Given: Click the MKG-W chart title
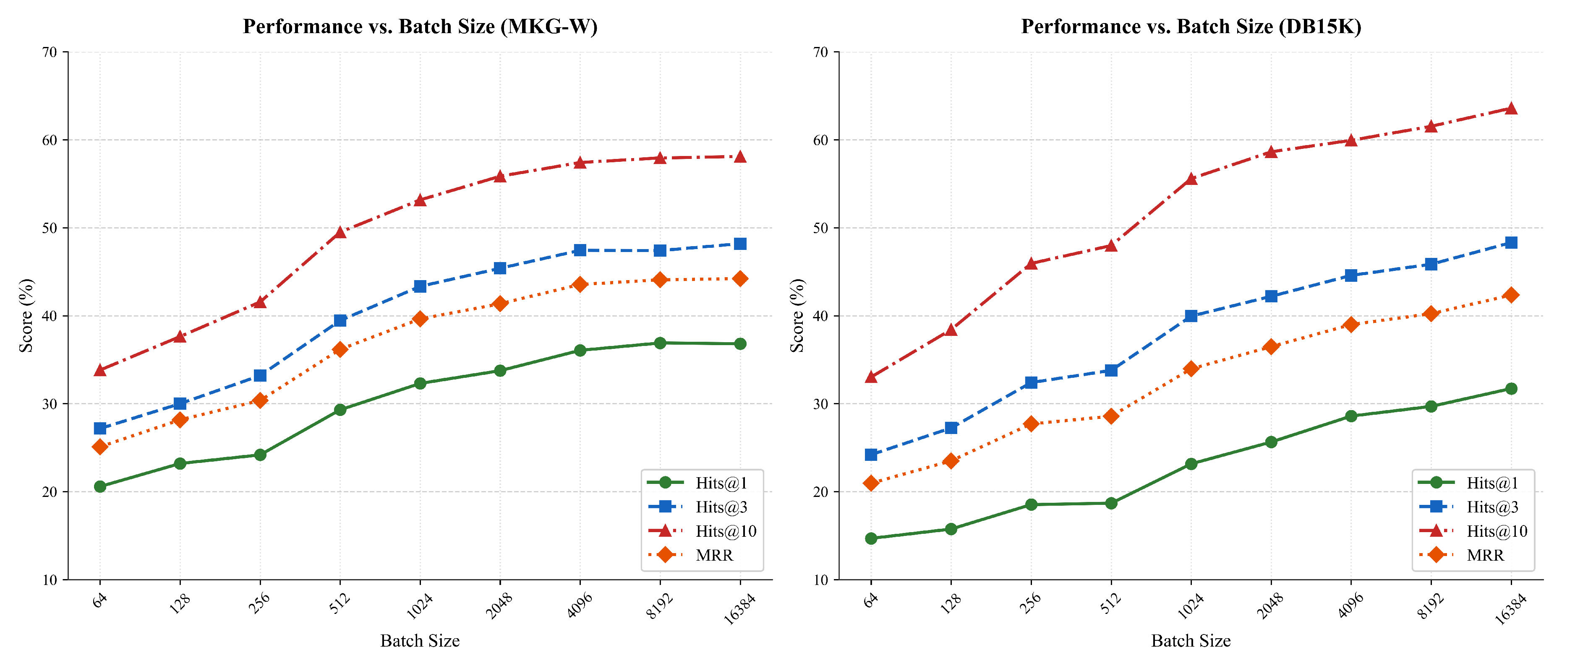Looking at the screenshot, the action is (420, 26).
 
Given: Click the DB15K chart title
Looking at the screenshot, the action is (1191, 26).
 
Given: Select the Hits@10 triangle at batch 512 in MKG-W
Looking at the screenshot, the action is (340, 232).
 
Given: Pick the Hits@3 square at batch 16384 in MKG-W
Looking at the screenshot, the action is (740, 244).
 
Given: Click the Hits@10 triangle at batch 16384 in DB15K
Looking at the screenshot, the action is (1511, 108).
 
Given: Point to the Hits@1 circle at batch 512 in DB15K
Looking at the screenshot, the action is (1111, 503).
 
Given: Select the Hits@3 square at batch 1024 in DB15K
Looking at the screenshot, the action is (1191, 316).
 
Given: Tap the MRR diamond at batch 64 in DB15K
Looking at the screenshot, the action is (871, 483).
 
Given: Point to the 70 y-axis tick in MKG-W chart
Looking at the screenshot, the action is (50, 52).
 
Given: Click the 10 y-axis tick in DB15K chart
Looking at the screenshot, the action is (820, 580).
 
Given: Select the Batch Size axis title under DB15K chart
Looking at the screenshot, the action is (1191, 640).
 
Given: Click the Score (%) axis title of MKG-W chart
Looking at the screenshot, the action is (26, 315).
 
